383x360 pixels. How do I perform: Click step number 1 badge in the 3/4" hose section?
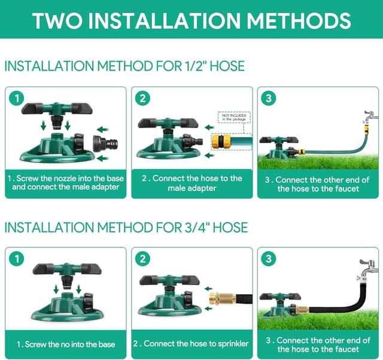click(x=17, y=259)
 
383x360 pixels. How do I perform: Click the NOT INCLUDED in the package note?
click(x=233, y=117)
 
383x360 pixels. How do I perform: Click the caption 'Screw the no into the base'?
click(x=66, y=344)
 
